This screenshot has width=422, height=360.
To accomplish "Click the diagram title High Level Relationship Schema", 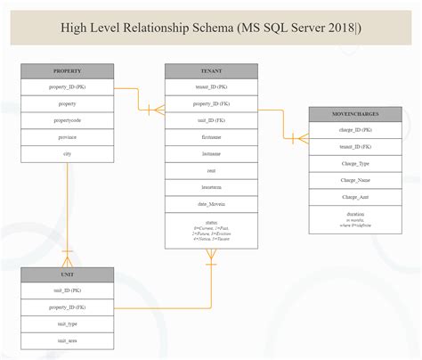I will tap(211, 27).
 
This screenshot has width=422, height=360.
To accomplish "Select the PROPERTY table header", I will tap(68, 70).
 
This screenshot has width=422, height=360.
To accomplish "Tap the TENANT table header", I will tap(211, 70).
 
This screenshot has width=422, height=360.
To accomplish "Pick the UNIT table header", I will tap(68, 274).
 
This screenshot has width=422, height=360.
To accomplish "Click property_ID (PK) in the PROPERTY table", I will tap(68, 87).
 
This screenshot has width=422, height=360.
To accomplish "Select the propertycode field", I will tap(68, 120).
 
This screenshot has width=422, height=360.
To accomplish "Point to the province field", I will tap(68, 137).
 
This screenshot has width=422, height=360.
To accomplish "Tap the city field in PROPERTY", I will tap(68, 153).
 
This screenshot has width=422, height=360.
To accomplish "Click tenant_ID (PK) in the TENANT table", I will tap(211, 87).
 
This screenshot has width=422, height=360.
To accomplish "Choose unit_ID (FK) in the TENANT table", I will tap(211, 120).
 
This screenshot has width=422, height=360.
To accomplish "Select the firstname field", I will tap(211, 137).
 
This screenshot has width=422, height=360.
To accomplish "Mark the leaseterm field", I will tap(211, 187).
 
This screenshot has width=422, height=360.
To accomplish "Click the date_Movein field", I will tap(211, 203).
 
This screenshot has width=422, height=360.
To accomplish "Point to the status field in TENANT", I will tap(211, 229).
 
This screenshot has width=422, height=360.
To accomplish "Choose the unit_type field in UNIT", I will tap(68, 324).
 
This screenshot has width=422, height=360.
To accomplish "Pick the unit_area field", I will tap(68, 340).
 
